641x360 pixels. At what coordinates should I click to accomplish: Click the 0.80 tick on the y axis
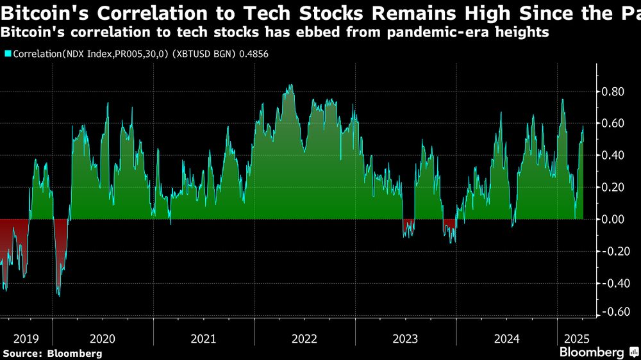612,91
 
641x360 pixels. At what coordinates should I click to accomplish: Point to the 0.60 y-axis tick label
612,123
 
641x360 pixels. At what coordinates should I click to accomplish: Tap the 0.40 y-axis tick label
612,155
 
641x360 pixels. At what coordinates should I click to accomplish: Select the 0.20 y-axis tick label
612,187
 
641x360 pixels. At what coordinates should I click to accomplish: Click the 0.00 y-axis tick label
612,219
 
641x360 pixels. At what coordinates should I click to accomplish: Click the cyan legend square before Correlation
8,54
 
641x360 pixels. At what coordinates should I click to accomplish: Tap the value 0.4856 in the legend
254,54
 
